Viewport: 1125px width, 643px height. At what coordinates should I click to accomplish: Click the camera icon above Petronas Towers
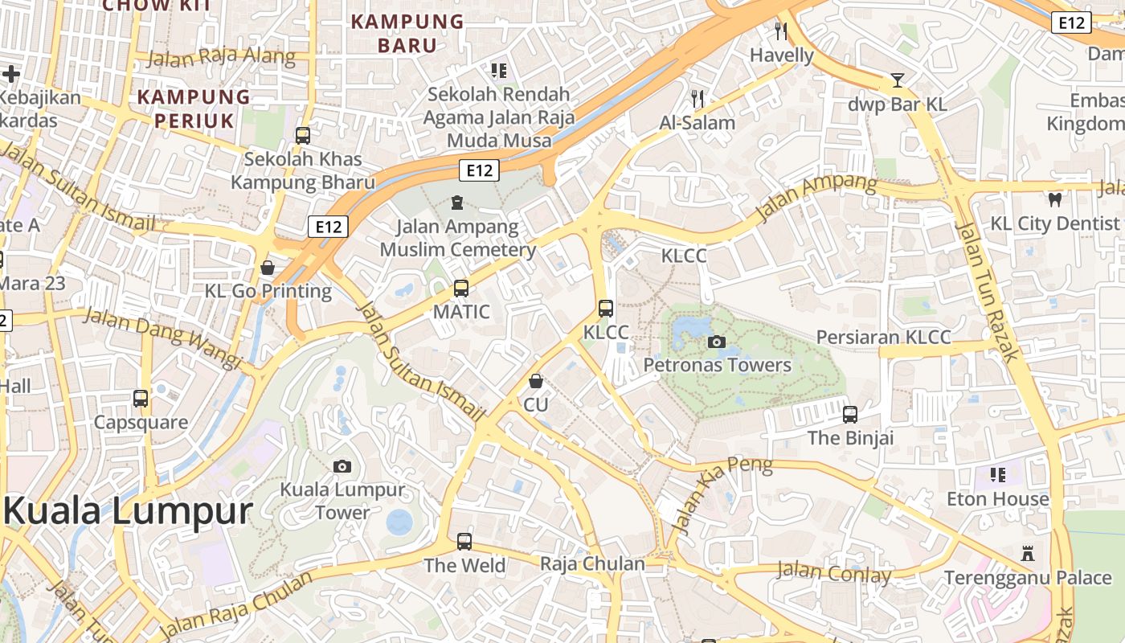pyautogui.click(x=717, y=342)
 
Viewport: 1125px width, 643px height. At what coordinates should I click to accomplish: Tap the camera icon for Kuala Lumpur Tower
pyautogui.click(x=342, y=466)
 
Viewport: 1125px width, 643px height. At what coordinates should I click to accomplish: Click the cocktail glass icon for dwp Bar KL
pyautogui.click(x=898, y=80)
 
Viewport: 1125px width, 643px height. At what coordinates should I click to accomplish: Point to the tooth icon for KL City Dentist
pyautogui.click(x=1055, y=199)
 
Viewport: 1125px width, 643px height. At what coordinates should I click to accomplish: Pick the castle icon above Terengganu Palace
pyautogui.click(x=1027, y=553)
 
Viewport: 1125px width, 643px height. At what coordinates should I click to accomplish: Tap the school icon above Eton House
pyautogui.click(x=998, y=475)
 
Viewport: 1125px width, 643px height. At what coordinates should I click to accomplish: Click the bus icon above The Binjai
pyautogui.click(x=850, y=415)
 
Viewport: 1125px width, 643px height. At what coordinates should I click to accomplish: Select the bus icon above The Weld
pyautogui.click(x=464, y=542)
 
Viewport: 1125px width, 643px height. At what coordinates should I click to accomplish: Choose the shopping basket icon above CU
pyautogui.click(x=536, y=381)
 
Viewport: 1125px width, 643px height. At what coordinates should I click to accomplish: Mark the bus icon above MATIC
pyautogui.click(x=461, y=288)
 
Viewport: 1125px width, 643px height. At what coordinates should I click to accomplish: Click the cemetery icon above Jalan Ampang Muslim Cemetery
pyautogui.click(x=457, y=203)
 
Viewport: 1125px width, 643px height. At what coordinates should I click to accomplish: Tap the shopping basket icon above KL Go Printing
pyautogui.click(x=268, y=268)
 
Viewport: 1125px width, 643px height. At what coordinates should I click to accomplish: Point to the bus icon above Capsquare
pyautogui.click(x=141, y=399)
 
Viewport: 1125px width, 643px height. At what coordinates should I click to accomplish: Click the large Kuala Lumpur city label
pyautogui.click(x=129, y=511)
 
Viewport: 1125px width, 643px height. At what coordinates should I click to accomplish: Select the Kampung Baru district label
pyautogui.click(x=408, y=33)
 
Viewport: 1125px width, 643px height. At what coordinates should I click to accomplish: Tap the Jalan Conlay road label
pyautogui.click(x=833, y=572)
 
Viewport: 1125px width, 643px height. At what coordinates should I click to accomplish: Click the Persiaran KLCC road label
pyautogui.click(x=883, y=337)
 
